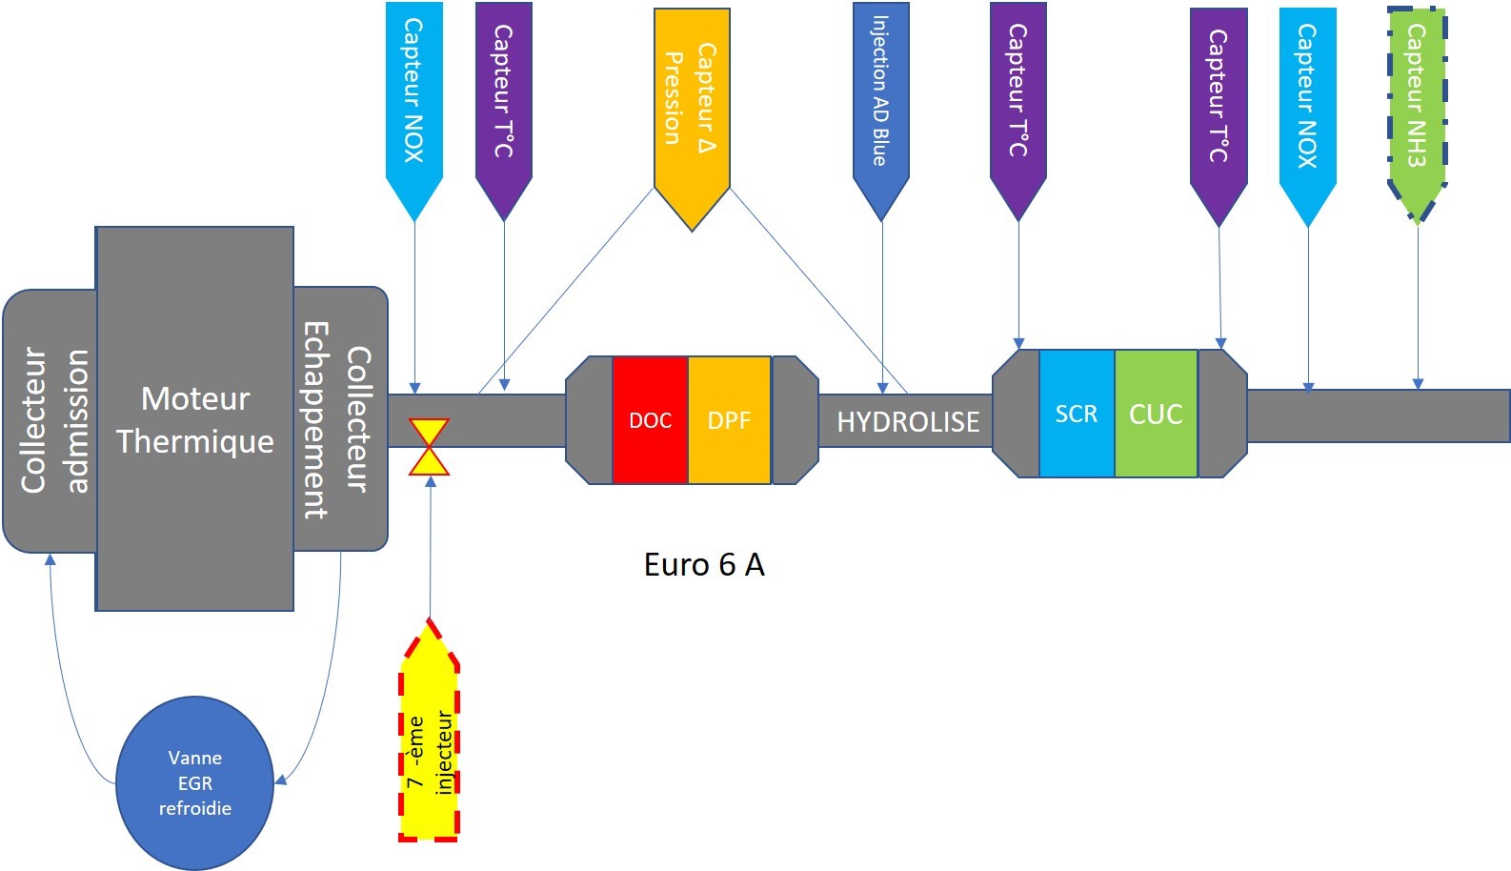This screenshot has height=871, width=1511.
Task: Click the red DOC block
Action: (650, 420)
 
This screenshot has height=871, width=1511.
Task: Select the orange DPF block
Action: (729, 420)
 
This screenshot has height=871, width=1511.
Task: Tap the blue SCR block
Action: (1077, 414)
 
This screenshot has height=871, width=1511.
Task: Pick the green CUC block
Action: (1156, 414)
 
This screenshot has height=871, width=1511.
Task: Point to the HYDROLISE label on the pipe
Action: (908, 422)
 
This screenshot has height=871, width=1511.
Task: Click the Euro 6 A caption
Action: (704, 565)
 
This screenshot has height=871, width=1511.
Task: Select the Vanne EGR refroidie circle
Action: (195, 783)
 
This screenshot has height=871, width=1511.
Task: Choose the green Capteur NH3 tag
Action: (1417, 105)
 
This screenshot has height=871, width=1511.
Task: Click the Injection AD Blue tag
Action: (881, 95)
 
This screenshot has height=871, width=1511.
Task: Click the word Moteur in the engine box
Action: (195, 398)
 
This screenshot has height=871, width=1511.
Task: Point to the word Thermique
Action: (195, 442)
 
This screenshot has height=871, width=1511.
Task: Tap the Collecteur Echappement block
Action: (339, 419)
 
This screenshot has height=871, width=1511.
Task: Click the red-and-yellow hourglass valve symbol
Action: (430, 447)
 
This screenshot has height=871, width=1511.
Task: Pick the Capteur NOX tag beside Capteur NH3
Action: (1307, 100)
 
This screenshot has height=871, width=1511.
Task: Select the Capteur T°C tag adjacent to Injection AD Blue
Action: (1018, 95)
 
